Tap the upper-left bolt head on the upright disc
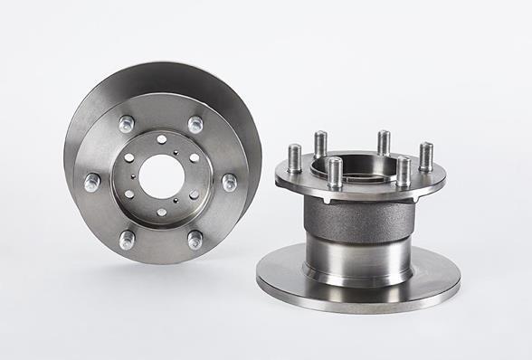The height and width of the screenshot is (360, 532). pos(127,123)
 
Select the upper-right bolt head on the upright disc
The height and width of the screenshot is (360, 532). pos(195,124)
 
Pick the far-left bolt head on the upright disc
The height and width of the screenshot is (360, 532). pos(92,182)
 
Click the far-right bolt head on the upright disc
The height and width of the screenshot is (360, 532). pos(229,182)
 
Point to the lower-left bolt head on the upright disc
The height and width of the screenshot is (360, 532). pos(128,239)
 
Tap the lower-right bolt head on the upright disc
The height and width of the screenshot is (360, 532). pos(195,240)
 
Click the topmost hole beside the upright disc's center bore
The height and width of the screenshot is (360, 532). pos(161,138)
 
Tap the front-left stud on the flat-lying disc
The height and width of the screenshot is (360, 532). pos(335,172)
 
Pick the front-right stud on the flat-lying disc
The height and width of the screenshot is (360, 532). pos(403,170)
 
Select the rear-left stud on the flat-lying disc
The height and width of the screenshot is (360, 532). pos(320,143)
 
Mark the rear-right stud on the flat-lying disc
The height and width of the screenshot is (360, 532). pos(384,142)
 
